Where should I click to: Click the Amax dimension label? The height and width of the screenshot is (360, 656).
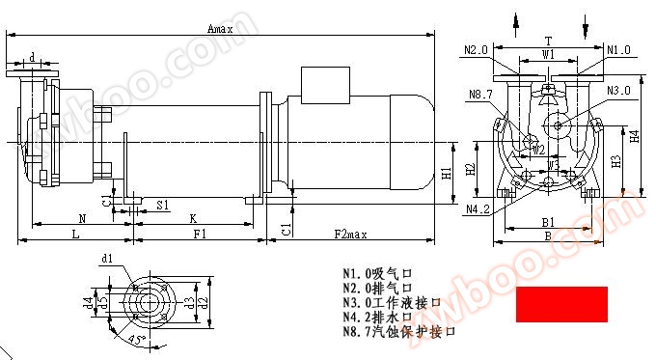[x=220, y=30]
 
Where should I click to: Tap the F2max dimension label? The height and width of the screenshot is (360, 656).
[x=350, y=235]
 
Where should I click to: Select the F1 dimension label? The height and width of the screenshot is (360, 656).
[x=199, y=235]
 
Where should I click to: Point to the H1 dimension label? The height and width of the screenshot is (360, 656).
[x=447, y=174]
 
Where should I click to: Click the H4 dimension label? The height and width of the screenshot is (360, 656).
[x=634, y=137]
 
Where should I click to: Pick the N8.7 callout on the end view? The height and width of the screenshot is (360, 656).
[x=480, y=94]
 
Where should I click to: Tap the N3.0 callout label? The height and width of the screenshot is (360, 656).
[x=620, y=90]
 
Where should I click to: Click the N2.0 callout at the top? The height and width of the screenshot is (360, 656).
[x=476, y=49]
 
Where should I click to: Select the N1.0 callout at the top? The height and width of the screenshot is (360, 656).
[x=618, y=49]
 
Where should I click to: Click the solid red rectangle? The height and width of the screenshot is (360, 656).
[x=562, y=304]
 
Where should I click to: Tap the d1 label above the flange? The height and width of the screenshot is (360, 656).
[x=107, y=259]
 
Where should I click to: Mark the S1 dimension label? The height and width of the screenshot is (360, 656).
[x=163, y=206]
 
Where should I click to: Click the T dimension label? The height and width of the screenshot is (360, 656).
[x=548, y=42]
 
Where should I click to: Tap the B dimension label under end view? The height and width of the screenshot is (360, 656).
[x=546, y=235]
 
